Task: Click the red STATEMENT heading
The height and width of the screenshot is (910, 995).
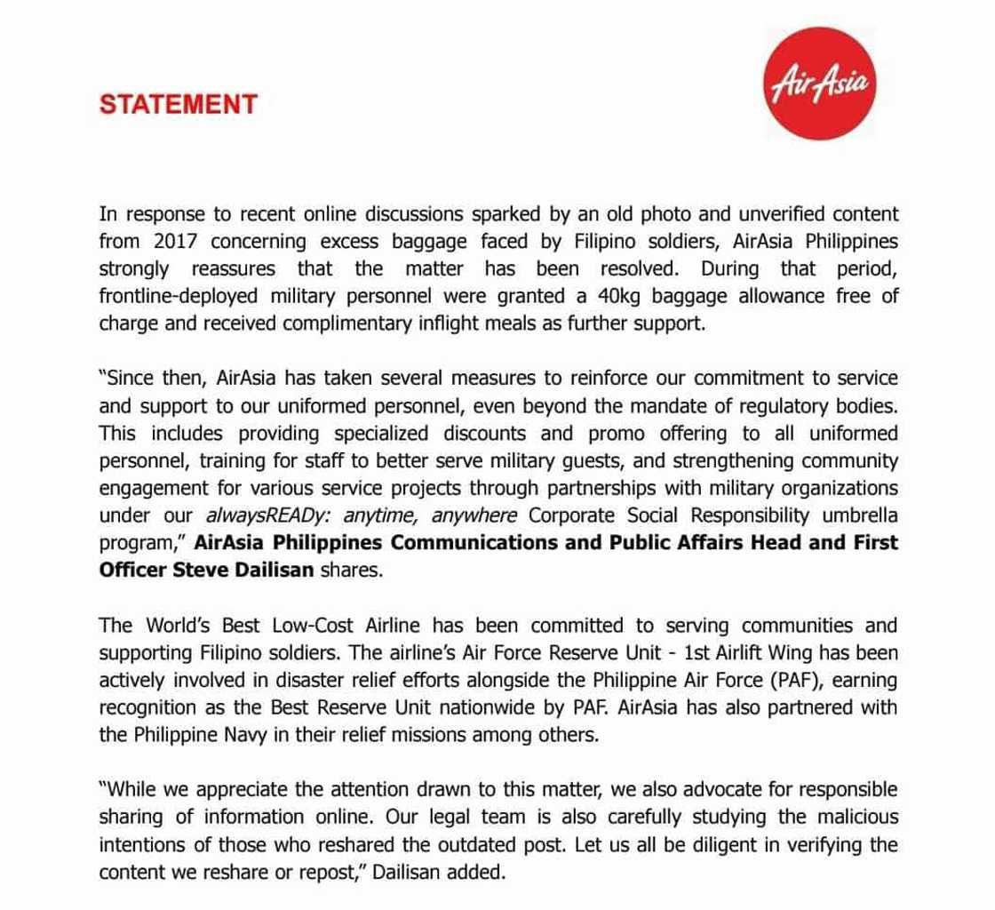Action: [178, 104]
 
